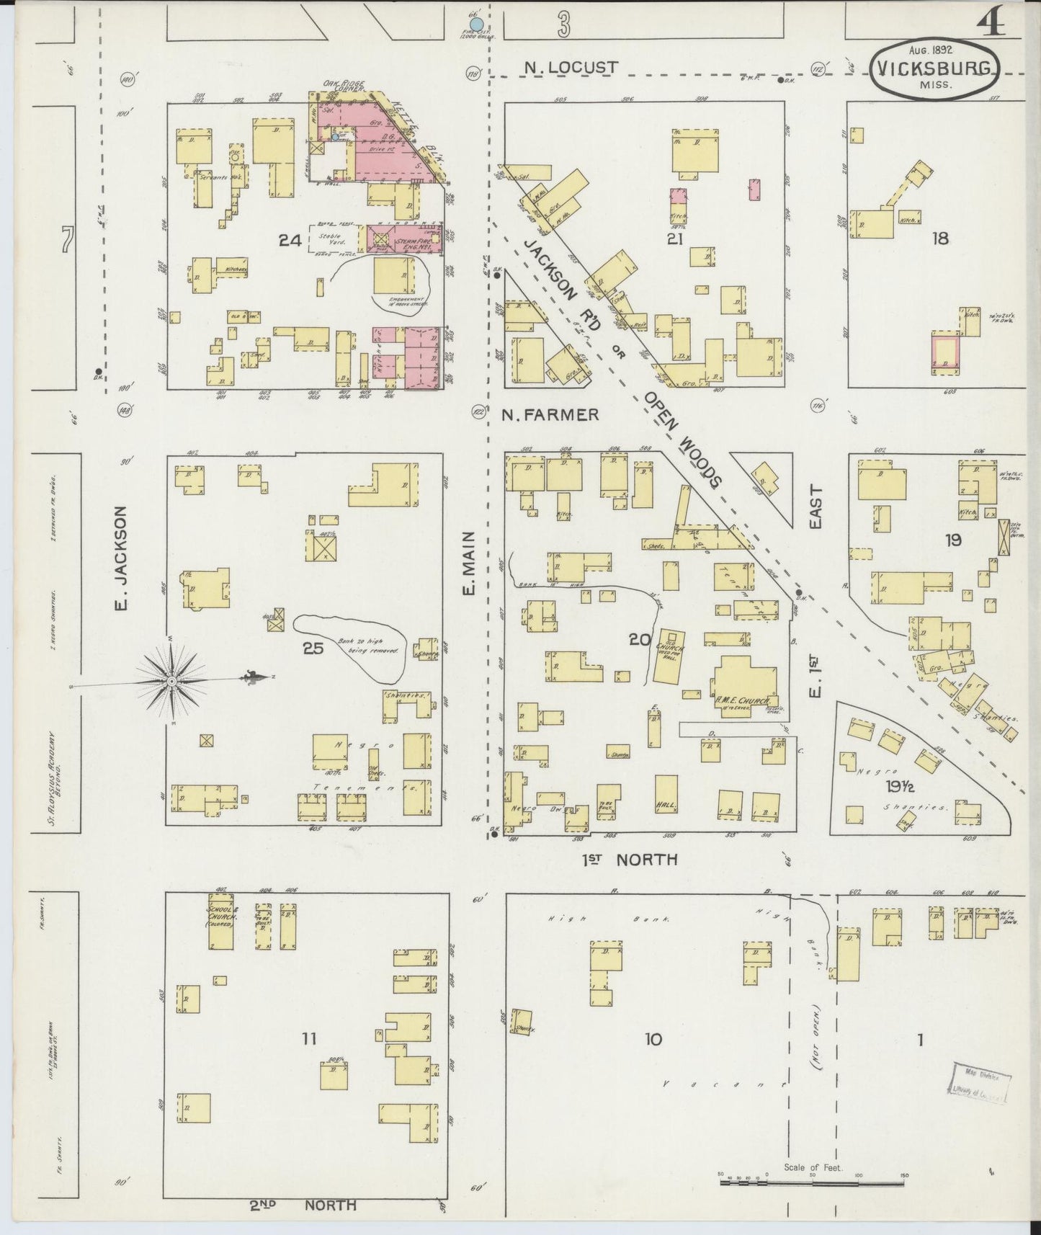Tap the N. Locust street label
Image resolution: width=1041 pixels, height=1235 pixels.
(571, 68)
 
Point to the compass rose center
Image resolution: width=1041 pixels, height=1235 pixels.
(172, 680)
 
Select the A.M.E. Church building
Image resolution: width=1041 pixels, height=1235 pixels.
(745, 686)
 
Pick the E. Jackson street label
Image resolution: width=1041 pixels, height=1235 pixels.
(121, 558)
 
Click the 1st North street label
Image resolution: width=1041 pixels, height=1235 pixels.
(630, 859)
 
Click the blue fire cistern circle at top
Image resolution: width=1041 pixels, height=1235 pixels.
(475, 26)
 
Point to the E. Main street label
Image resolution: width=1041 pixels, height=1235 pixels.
(470, 563)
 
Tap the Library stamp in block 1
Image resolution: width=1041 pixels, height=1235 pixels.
(981, 1082)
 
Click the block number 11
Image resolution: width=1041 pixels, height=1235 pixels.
(309, 1038)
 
